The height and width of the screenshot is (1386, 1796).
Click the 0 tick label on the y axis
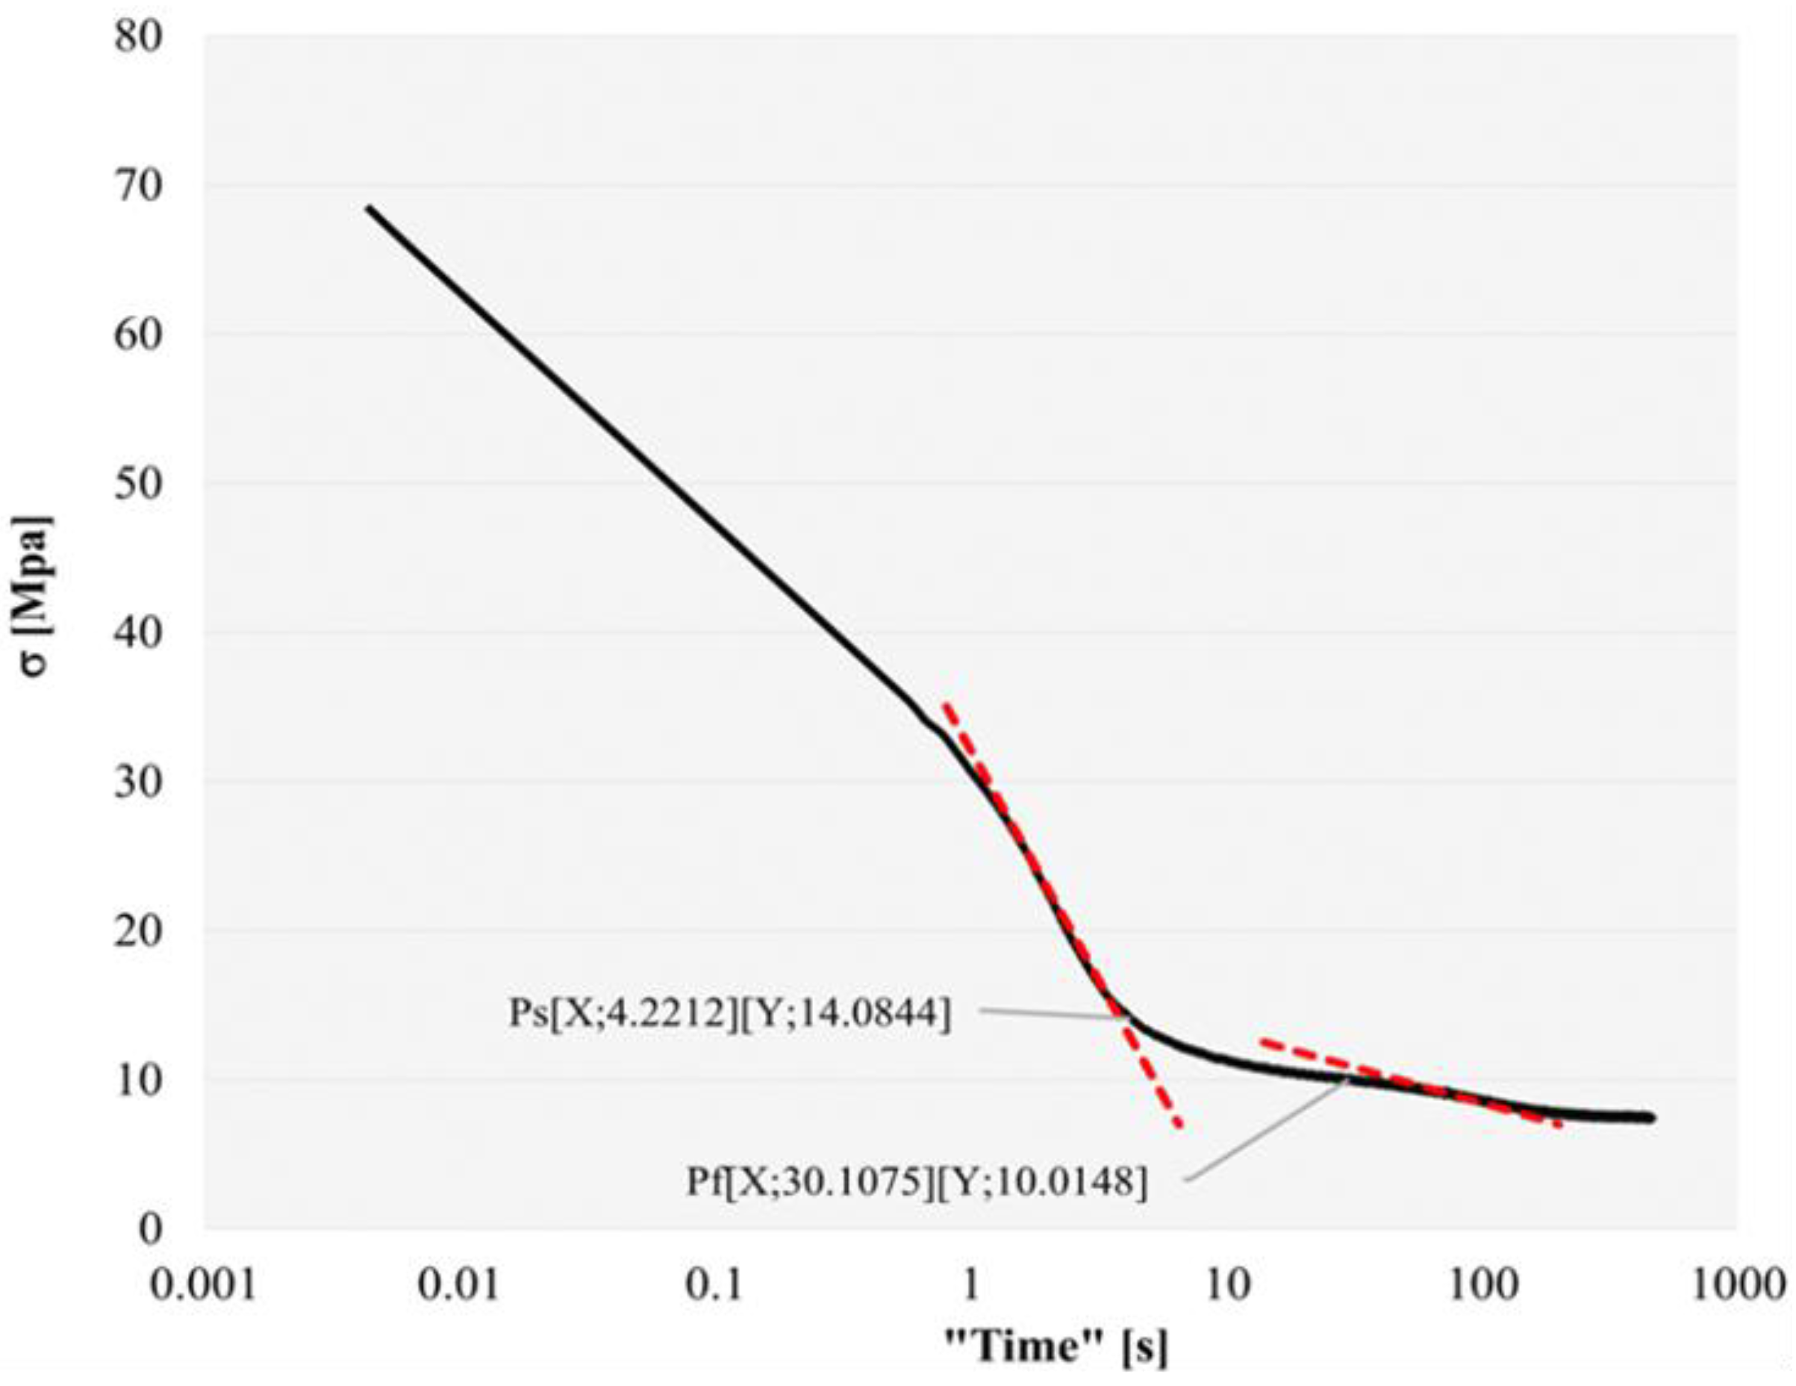click(x=151, y=1229)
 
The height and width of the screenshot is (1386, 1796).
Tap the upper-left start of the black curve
click(x=369, y=208)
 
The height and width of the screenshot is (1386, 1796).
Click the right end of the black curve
click(x=1651, y=1118)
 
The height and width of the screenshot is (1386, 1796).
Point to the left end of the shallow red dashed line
click(x=1261, y=1042)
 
